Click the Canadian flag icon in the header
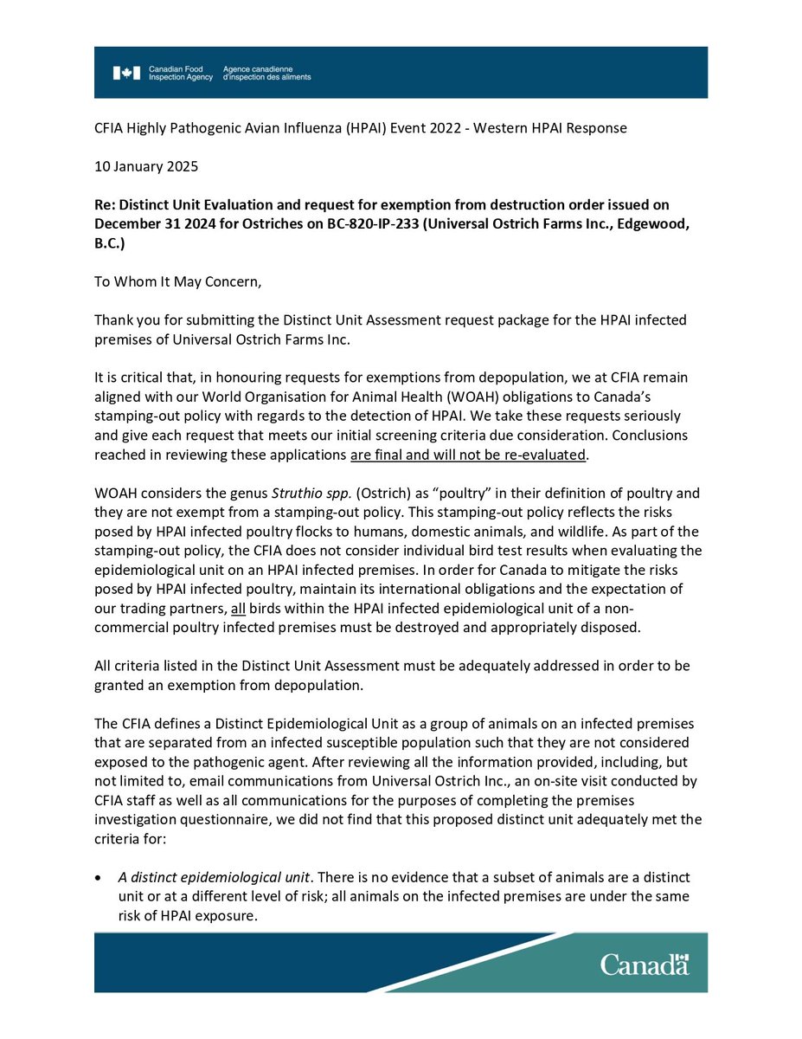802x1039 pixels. (125, 73)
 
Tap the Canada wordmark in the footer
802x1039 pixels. (645, 965)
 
